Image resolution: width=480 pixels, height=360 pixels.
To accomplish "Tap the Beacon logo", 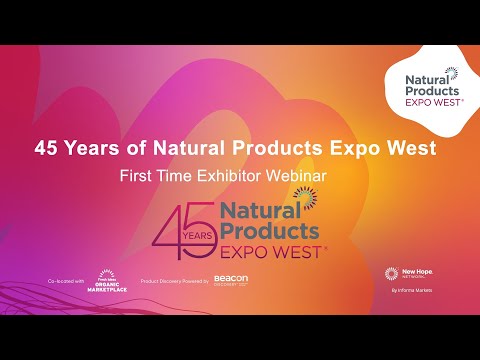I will coord(231,281).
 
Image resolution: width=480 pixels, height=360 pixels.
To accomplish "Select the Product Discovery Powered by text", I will coord(175,282).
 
